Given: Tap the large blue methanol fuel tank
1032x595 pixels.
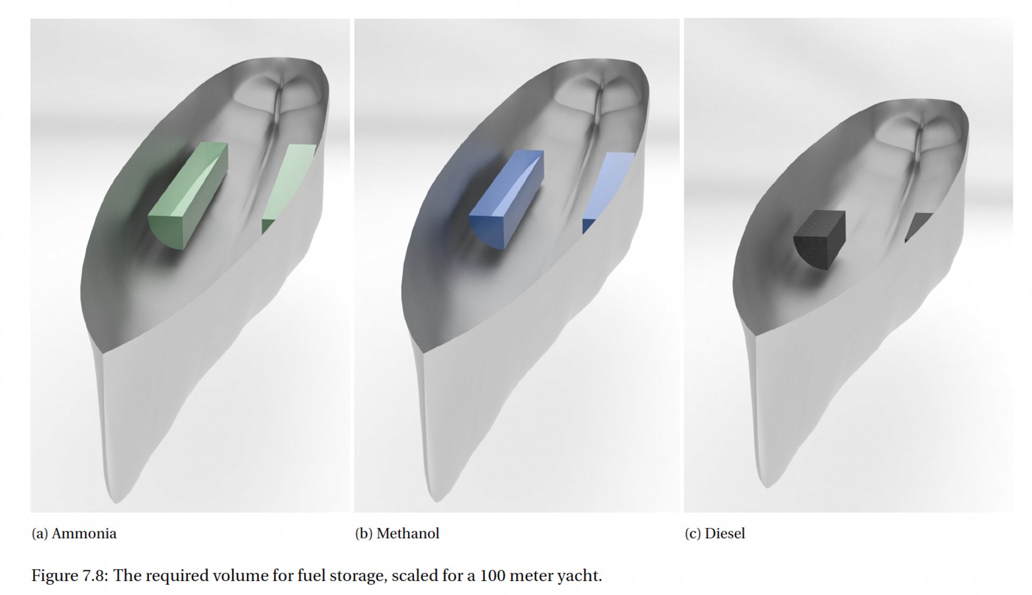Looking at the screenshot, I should click(508, 199).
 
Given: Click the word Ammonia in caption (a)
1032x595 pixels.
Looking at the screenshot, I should click(84, 534).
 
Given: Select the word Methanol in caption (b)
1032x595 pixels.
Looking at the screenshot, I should click(408, 534).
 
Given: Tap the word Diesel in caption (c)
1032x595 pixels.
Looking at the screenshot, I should click(725, 534).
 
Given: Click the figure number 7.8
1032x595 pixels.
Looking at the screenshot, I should click(95, 576).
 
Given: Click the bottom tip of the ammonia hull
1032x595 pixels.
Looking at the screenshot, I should click(117, 499).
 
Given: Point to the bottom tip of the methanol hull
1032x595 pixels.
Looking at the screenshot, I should click(438, 498).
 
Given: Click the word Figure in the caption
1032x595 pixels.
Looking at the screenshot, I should click(54, 576).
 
